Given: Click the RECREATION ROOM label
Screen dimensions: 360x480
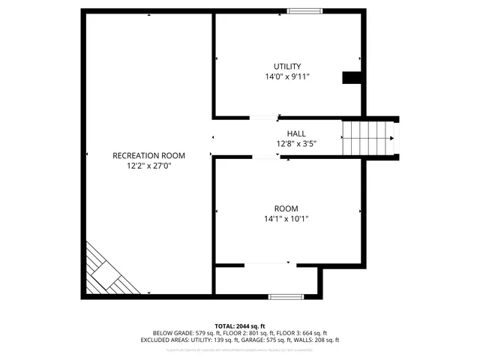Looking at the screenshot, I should pyautogui.click(x=148, y=156).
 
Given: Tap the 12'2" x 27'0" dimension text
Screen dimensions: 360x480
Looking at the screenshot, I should pyautogui.click(x=148, y=166).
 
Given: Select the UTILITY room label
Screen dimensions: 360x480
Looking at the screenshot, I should pyautogui.click(x=287, y=66).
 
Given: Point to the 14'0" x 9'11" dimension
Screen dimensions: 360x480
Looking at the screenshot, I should pyautogui.click(x=287, y=76).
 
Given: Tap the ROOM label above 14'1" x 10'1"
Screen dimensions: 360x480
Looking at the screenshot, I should pyautogui.click(x=286, y=208).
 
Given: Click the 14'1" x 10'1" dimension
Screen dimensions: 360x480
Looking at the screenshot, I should pyautogui.click(x=286, y=219).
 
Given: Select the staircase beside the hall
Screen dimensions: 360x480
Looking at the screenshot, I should pyautogui.click(x=367, y=138).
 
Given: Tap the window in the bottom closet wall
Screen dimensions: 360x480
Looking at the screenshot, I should pyautogui.click(x=286, y=297).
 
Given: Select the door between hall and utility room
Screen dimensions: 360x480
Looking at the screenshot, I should pyautogui.click(x=262, y=118).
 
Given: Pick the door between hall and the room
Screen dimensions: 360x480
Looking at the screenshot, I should pyautogui.click(x=265, y=157).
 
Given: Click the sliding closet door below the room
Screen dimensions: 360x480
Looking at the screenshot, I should pyautogui.click(x=267, y=263).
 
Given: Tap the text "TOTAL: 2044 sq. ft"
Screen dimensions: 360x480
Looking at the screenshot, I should pyautogui.click(x=240, y=325).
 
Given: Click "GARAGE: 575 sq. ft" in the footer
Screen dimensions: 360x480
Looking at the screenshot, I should pyautogui.click(x=265, y=340).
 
